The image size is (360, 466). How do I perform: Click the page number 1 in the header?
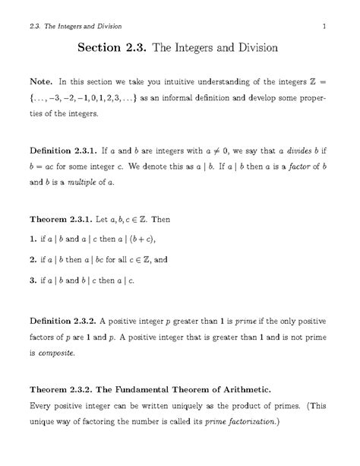click(324, 29)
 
